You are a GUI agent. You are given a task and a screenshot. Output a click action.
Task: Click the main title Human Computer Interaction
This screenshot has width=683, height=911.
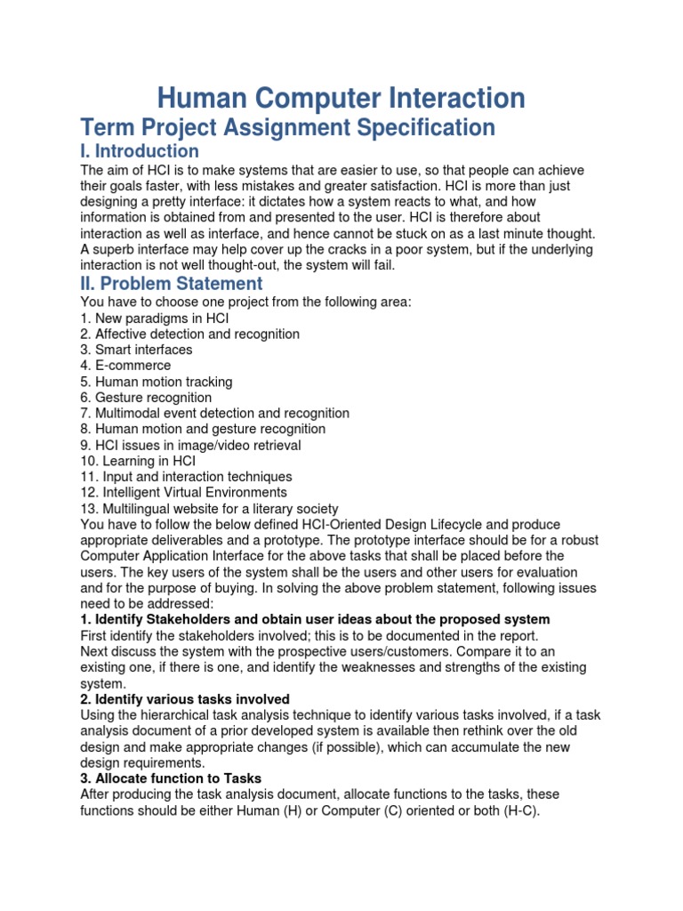tap(341, 98)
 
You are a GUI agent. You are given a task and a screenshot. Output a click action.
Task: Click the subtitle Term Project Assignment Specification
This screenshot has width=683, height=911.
tap(287, 127)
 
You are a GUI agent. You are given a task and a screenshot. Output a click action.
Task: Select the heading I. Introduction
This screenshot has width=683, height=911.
tap(140, 151)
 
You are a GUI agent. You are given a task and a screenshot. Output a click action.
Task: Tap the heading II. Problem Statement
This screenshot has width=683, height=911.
tap(172, 284)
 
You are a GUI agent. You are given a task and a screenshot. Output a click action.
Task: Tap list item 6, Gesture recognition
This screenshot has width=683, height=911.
tap(146, 398)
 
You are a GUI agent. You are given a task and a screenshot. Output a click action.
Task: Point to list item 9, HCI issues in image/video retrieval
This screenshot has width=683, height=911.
tap(190, 445)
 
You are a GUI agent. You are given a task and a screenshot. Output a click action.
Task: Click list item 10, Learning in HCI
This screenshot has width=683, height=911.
tap(138, 461)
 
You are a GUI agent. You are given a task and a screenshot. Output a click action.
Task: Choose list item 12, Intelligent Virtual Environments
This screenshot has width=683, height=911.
tap(183, 493)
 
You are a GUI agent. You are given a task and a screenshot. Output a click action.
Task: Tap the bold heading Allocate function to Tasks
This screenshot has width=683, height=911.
tap(171, 778)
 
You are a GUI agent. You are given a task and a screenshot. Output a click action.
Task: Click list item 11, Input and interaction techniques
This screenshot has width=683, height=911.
tap(186, 477)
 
